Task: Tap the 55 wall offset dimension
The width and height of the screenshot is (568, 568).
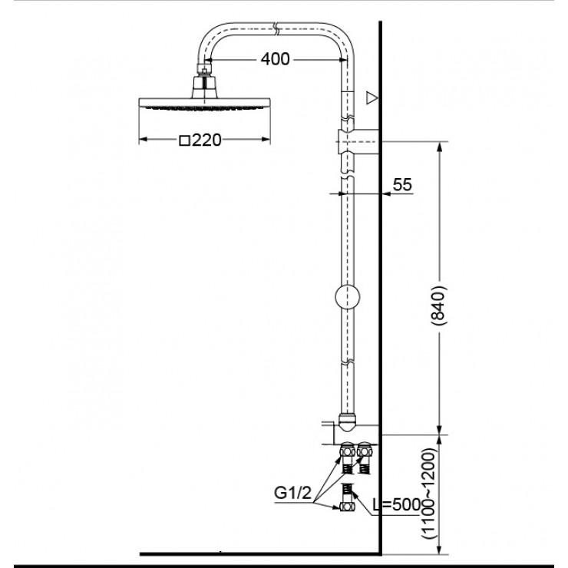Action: [x=401, y=184]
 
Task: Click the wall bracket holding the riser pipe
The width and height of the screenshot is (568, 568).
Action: [x=358, y=143]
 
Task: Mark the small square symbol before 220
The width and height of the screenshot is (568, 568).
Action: [x=184, y=141]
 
